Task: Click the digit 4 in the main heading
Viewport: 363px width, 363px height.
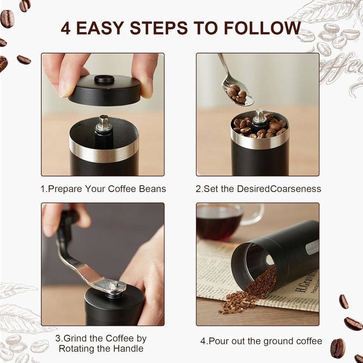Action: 65,28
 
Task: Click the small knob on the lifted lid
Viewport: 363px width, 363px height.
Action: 104,79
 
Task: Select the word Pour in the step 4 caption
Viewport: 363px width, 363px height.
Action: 219,341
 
